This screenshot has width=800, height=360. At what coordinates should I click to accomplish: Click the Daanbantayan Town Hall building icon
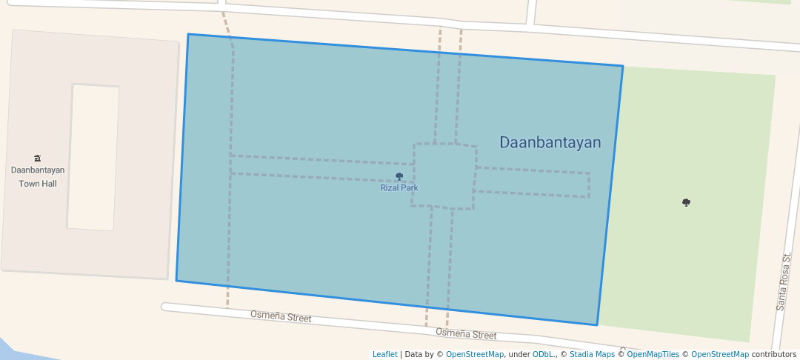(x=38, y=158)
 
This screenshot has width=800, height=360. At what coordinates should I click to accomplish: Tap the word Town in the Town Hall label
(x=29, y=183)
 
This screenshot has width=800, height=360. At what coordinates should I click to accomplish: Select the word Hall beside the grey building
(x=49, y=183)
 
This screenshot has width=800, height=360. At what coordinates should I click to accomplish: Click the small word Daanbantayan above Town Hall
(x=38, y=170)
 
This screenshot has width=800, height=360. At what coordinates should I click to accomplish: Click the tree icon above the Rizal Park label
(x=399, y=177)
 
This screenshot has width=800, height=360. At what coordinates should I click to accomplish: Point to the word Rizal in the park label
(x=390, y=188)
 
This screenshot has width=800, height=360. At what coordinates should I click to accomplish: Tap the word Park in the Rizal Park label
(x=409, y=188)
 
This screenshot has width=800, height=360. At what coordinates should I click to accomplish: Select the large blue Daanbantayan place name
(x=550, y=142)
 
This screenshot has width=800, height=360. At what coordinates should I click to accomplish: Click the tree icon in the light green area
(x=686, y=202)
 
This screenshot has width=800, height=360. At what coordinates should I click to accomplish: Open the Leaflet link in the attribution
(x=384, y=355)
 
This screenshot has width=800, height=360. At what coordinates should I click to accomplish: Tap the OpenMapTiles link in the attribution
(x=653, y=355)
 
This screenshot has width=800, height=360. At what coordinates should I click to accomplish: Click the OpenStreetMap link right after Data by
(x=475, y=355)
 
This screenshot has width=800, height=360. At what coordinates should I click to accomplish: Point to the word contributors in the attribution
(x=773, y=355)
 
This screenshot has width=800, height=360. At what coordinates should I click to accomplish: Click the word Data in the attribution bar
(x=414, y=355)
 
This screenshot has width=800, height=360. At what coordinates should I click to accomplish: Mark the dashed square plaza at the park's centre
(x=444, y=176)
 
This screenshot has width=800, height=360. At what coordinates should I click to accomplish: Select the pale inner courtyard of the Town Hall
(x=93, y=157)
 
